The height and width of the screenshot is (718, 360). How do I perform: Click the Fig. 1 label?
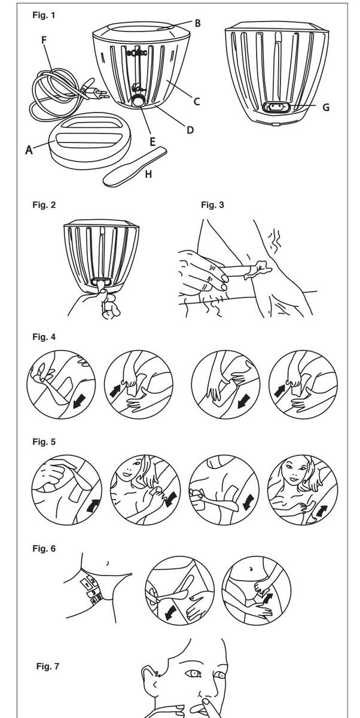43,16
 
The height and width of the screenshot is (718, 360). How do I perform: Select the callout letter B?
197,24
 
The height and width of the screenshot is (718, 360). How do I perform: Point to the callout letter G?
325,108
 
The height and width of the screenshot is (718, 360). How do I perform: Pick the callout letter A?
29,150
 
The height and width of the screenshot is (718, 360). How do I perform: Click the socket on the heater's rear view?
276,108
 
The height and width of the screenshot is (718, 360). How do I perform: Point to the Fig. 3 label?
212,205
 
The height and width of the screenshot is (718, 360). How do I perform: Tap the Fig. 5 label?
44,442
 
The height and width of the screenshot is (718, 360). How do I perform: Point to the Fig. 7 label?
47,666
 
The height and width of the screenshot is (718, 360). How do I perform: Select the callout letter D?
190,129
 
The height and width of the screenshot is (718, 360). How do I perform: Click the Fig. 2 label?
44,205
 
